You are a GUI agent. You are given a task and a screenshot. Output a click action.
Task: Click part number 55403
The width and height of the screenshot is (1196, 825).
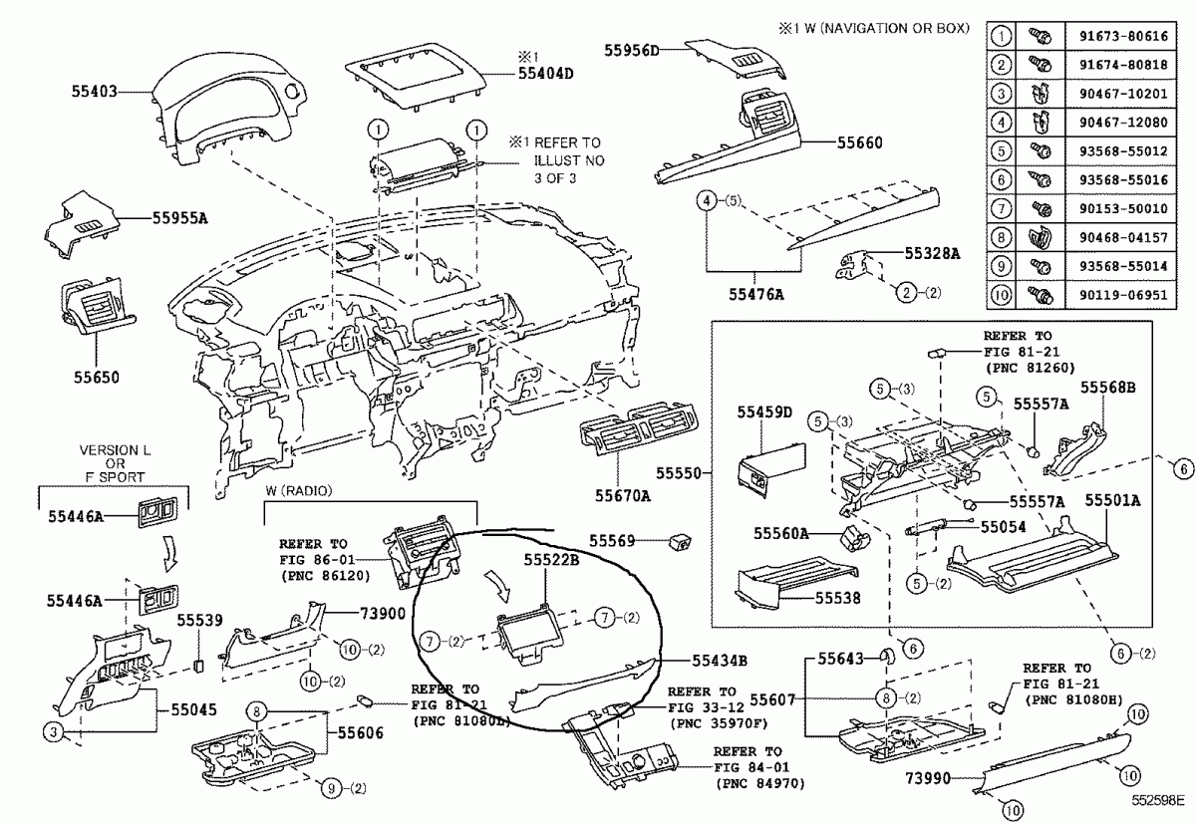95,91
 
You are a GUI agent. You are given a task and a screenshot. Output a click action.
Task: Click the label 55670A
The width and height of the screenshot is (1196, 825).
623,495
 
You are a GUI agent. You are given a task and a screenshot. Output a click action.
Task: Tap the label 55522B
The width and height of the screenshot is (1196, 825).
551,561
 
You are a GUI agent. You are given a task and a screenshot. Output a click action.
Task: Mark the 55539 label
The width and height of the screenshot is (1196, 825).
199,620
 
